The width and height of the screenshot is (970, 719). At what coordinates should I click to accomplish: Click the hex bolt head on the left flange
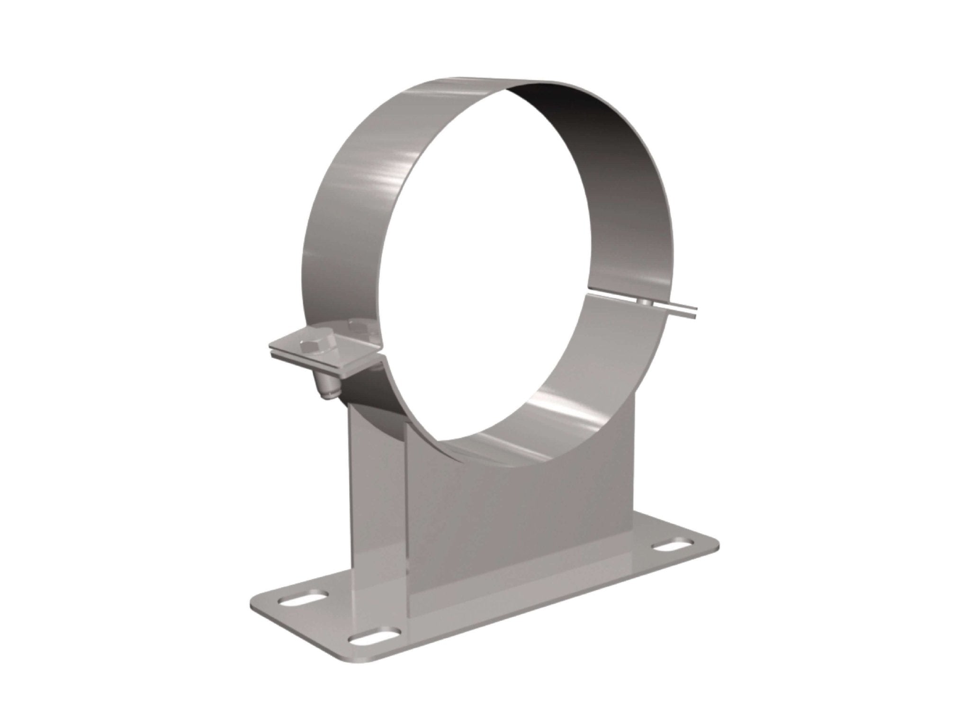click(313, 334)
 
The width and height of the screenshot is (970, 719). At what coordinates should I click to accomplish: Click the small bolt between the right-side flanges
click(643, 302)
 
